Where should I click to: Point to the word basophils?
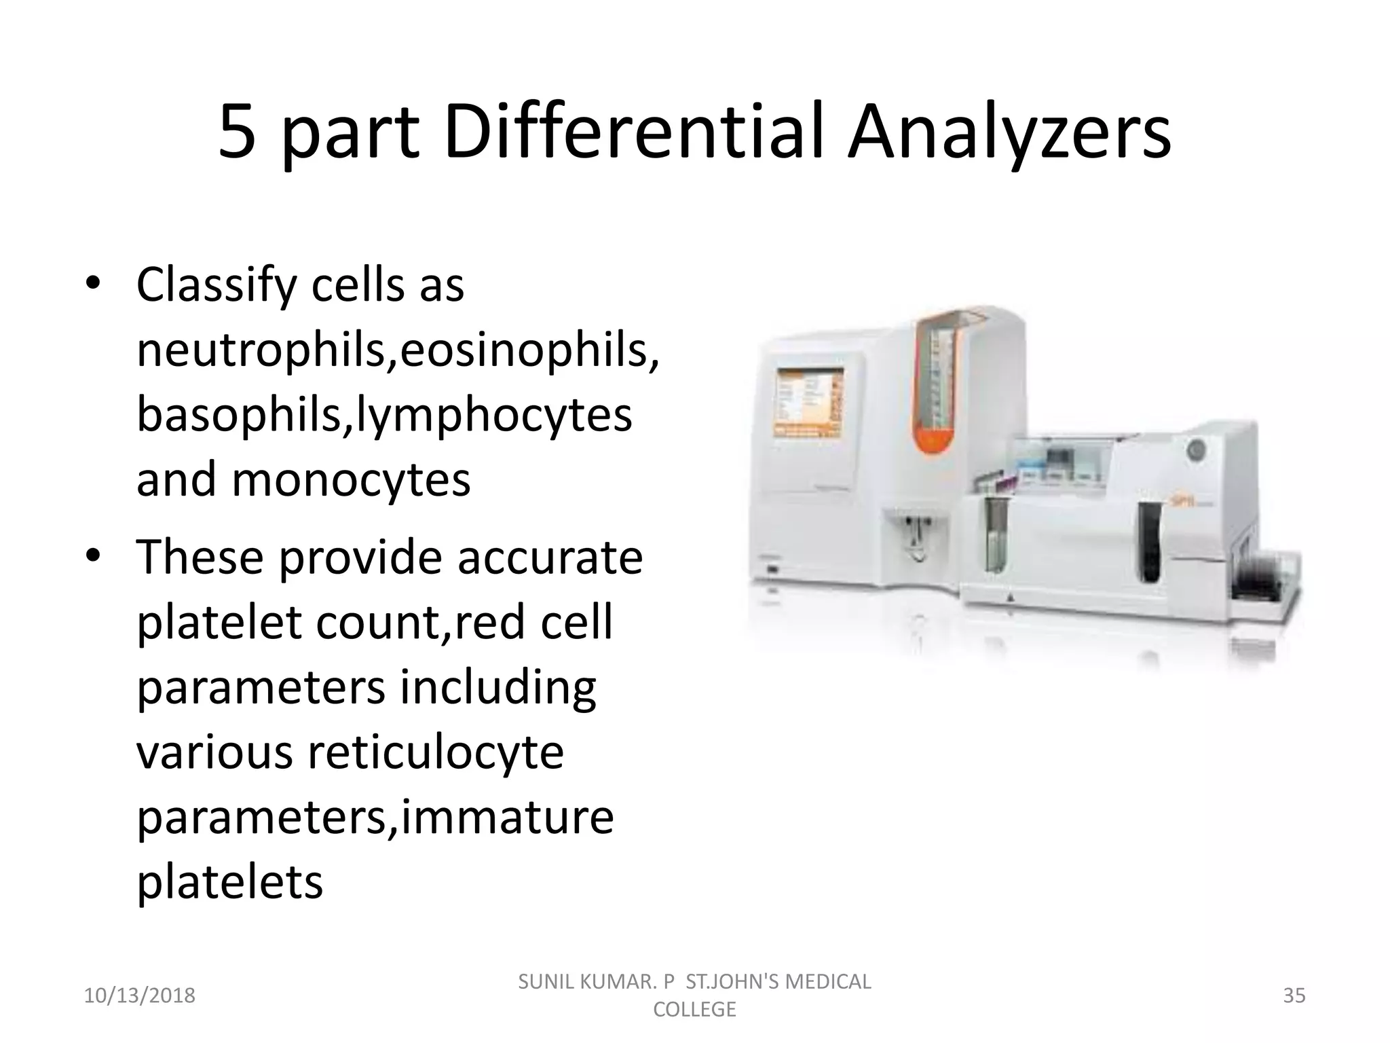pyautogui.click(x=242, y=416)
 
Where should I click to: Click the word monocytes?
pyautogui.click(x=351, y=480)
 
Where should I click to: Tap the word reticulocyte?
pyautogui.click(x=436, y=753)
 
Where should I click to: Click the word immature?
pyautogui.click(x=508, y=818)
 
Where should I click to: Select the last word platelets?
pyautogui.click(x=229, y=882)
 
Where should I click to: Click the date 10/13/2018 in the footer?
pyautogui.click(x=140, y=996)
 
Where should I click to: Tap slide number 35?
pyautogui.click(x=1294, y=996)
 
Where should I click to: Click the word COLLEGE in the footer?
pyautogui.click(x=694, y=1010)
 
